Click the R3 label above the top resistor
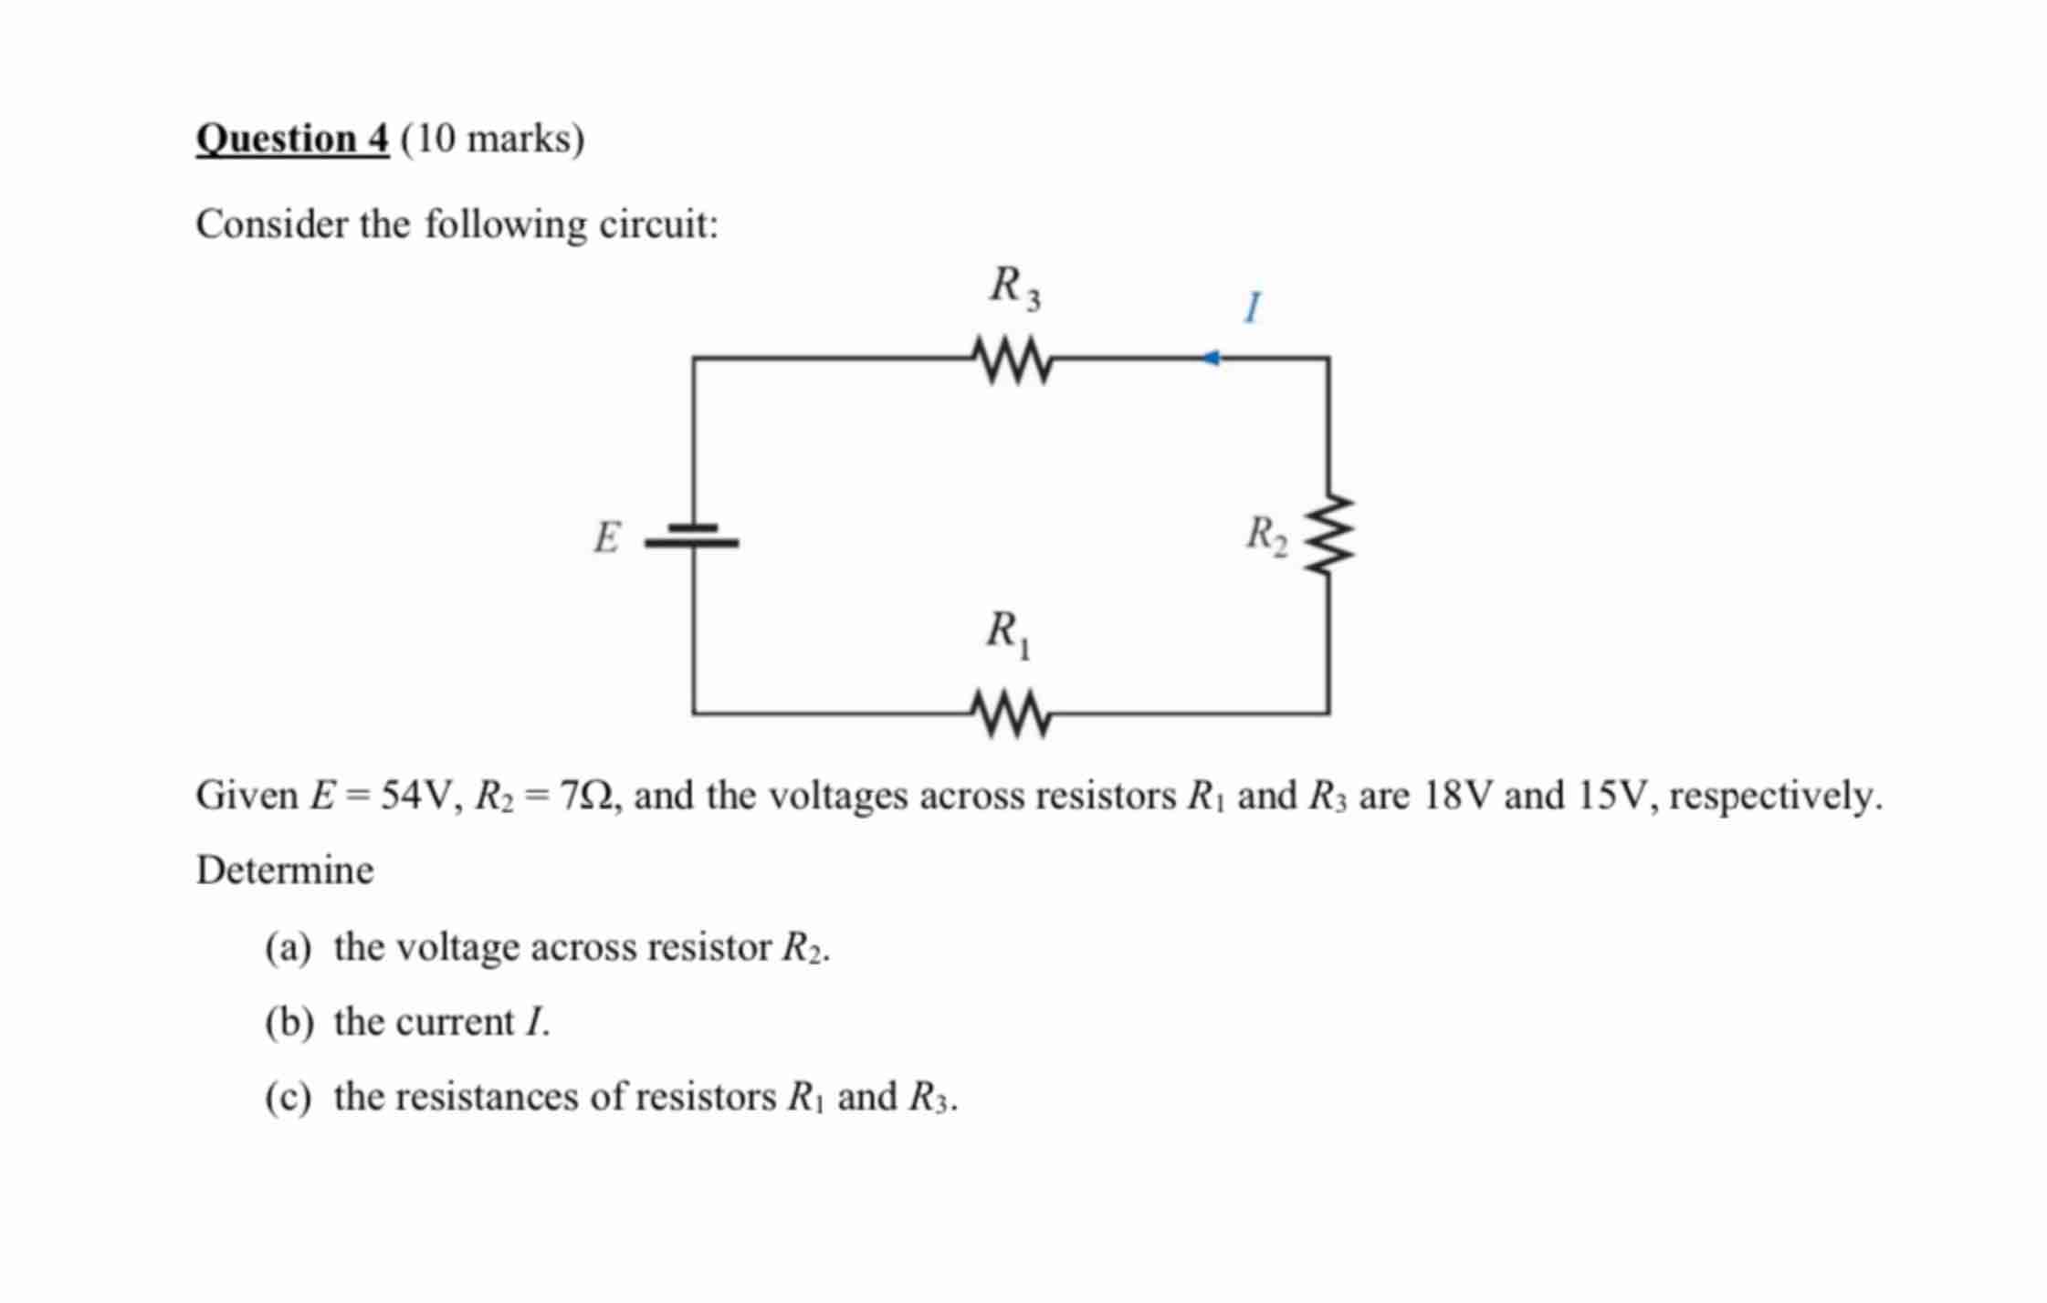pyautogui.click(x=1014, y=287)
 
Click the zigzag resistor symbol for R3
pyautogui.click(x=1013, y=360)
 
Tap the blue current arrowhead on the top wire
pyautogui.click(x=1211, y=359)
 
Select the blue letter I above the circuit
pyautogui.click(x=1253, y=308)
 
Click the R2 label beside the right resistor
pyautogui.click(x=1267, y=535)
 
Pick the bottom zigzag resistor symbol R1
pyautogui.click(x=1012, y=713)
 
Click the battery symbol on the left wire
pyautogui.click(x=693, y=536)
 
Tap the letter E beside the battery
pyautogui.click(x=606, y=537)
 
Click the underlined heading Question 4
pyautogui.click(x=292, y=140)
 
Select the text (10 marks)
pyautogui.click(x=492, y=140)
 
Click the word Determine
pyautogui.click(x=285, y=870)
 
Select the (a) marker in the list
pyautogui.click(x=289, y=948)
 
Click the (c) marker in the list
pyautogui.click(x=289, y=1097)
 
